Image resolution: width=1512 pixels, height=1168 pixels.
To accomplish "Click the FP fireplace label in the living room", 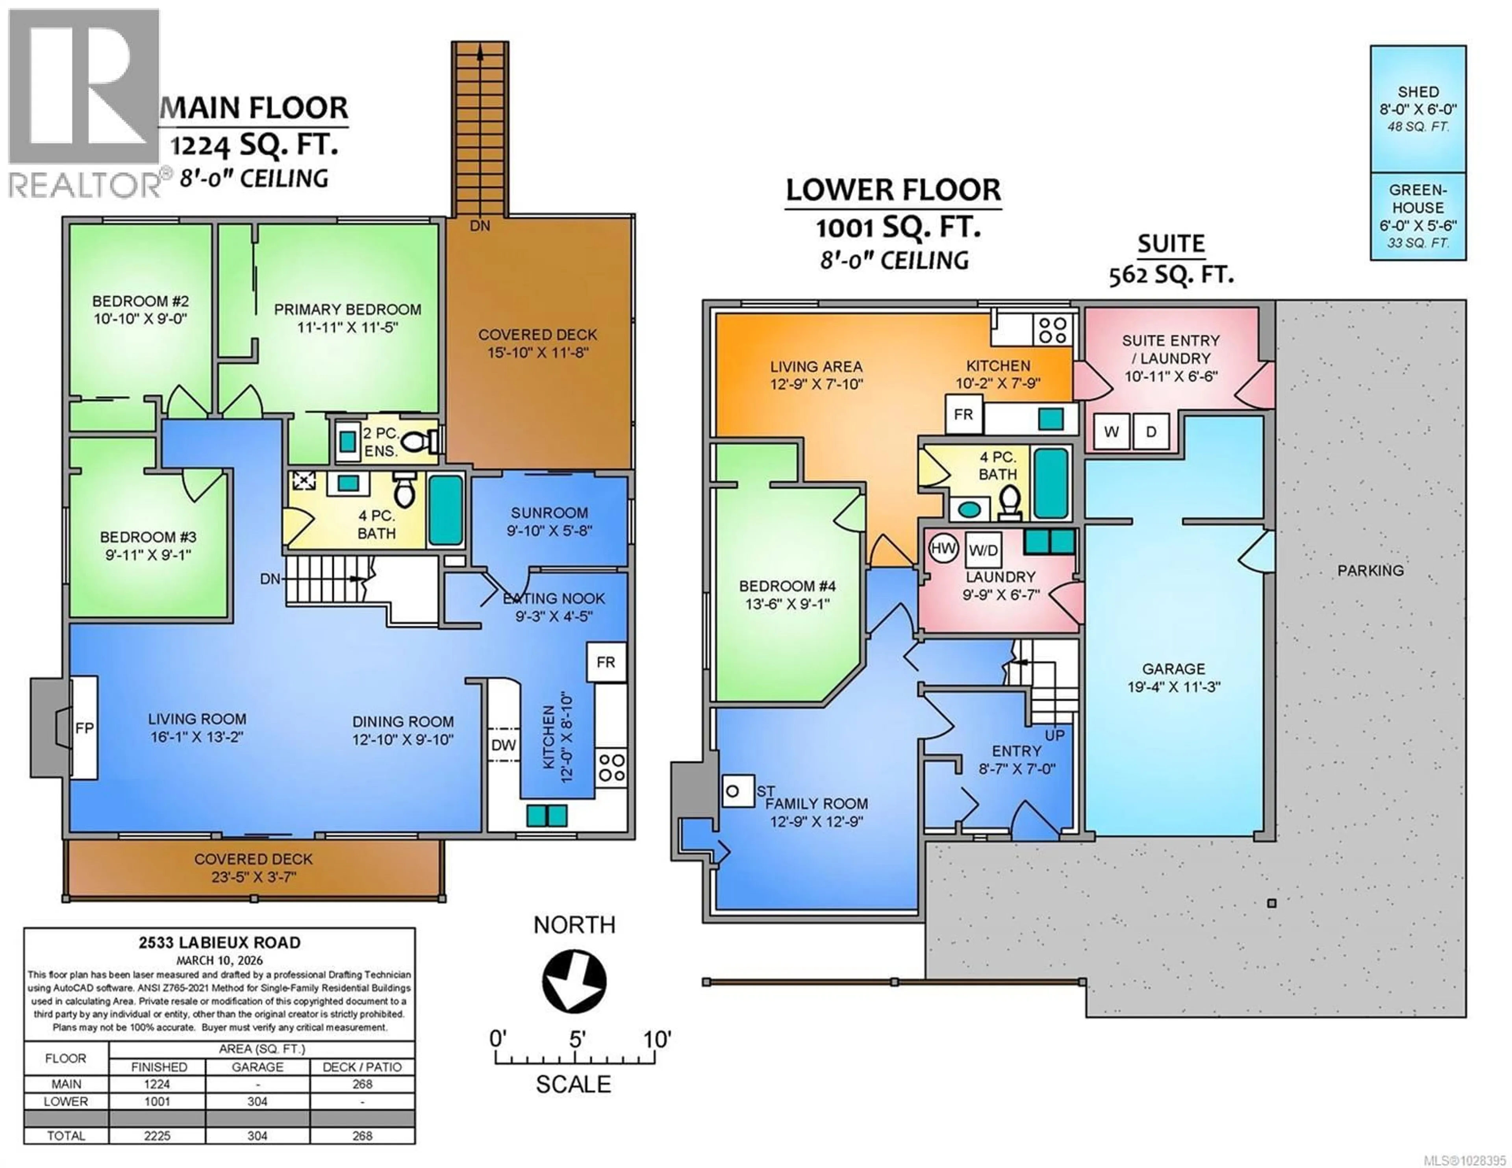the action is pyautogui.click(x=84, y=728).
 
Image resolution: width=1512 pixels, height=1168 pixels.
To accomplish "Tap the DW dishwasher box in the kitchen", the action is pyautogui.click(x=503, y=745).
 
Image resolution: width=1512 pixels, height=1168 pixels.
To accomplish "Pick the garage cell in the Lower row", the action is pyautogui.click(x=257, y=1101).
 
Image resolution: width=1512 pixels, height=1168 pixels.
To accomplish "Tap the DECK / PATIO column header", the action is pyautogui.click(x=362, y=1067).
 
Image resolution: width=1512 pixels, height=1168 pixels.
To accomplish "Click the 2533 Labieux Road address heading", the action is pyautogui.click(x=219, y=942).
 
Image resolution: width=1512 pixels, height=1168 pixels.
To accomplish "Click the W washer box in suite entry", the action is pyautogui.click(x=1111, y=431).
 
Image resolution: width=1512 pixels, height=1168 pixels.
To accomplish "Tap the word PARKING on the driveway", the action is pyautogui.click(x=1370, y=570).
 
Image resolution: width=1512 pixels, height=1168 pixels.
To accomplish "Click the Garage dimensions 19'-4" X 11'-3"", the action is pyautogui.click(x=1173, y=687).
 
